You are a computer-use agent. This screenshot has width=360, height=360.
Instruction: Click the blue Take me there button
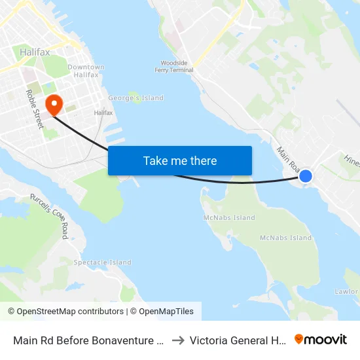(x=180, y=160)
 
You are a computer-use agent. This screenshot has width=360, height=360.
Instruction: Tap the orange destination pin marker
(x=54, y=103)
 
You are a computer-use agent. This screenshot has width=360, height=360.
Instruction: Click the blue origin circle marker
(x=306, y=175)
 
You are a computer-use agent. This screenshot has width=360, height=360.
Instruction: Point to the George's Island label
(x=135, y=98)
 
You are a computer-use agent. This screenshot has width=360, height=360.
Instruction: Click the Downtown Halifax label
(x=86, y=71)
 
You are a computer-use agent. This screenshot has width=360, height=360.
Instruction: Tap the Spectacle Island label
(x=102, y=262)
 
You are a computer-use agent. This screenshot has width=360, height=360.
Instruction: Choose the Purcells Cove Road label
(x=49, y=216)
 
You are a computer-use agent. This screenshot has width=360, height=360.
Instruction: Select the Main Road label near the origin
(x=288, y=159)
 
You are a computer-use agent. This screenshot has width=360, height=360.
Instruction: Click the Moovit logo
(x=321, y=339)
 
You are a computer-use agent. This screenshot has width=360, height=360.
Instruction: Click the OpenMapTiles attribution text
(x=164, y=312)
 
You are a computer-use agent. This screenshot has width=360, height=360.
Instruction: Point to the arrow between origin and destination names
(x=177, y=340)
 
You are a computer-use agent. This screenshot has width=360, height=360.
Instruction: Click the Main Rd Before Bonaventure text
(x=88, y=340)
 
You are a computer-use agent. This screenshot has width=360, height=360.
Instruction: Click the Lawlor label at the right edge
(x=346, y=291)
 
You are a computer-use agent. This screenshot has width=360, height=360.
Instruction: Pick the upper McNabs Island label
(x=229, y=218)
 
